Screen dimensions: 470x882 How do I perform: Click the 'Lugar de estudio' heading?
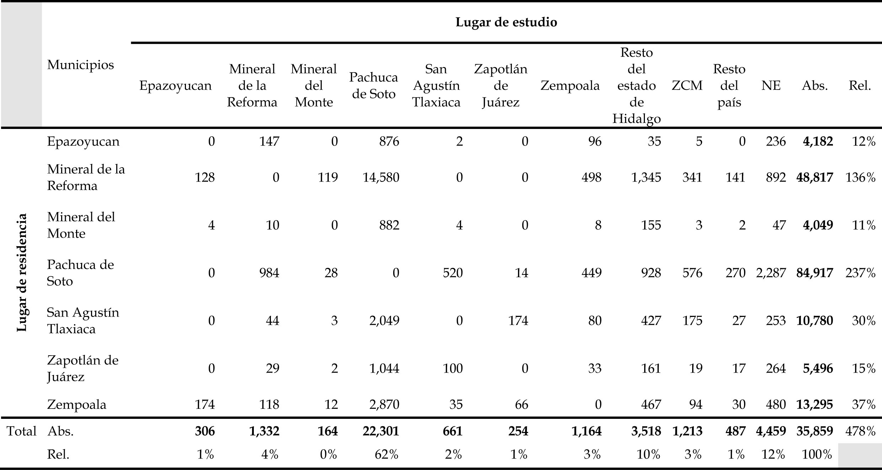pos(506,22)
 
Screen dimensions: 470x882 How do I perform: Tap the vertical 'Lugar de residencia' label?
pos(22,272)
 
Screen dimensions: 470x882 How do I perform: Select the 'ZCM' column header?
pos(687,86)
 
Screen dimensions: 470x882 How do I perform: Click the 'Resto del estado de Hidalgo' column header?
pos(636,86)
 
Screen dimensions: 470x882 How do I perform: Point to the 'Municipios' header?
pos(80,65)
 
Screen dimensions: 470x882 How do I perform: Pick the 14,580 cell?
pos(381,177)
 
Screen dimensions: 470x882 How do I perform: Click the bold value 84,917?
pos(814,273)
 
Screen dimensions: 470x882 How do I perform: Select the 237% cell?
pos(860,273)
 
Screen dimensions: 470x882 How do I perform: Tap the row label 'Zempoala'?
pos(76,404)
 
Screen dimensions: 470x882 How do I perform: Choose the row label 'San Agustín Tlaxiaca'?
pos(83,320)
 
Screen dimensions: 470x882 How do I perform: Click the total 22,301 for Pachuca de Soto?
pos(381,431)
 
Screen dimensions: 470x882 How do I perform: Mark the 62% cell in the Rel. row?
pos(386,454)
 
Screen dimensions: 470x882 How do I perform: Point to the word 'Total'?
pos(22,431)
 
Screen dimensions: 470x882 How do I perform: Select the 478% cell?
pos(860,431)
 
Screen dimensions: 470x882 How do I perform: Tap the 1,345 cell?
pos(646,177)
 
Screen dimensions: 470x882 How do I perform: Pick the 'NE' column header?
pos(771,86)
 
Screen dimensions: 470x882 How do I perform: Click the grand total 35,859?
pos(814,431)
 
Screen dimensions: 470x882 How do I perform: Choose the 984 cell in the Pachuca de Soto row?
pos(269,273)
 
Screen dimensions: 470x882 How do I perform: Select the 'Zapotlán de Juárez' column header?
pos(500,86)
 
